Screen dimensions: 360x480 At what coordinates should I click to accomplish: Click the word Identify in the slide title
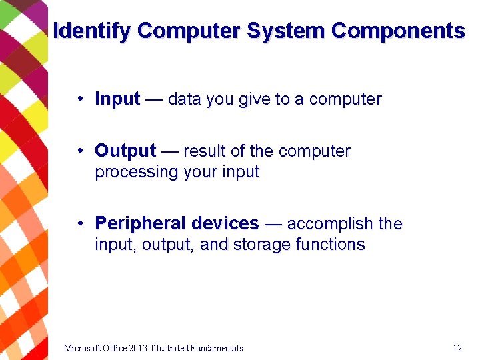92,31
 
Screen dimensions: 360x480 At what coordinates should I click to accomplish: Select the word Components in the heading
398,31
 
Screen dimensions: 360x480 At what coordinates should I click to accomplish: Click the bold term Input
117,99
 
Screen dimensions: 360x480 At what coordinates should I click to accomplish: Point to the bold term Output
125,151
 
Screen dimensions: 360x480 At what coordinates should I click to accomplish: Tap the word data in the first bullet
185,99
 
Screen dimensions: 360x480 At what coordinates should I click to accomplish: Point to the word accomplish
330,223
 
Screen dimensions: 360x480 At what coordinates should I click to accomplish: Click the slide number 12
457,348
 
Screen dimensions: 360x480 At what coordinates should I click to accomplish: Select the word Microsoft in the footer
83,348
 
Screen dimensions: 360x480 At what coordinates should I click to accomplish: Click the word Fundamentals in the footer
216,348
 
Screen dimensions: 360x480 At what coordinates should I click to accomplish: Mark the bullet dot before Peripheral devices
79,223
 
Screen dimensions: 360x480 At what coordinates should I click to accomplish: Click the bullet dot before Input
79,99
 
